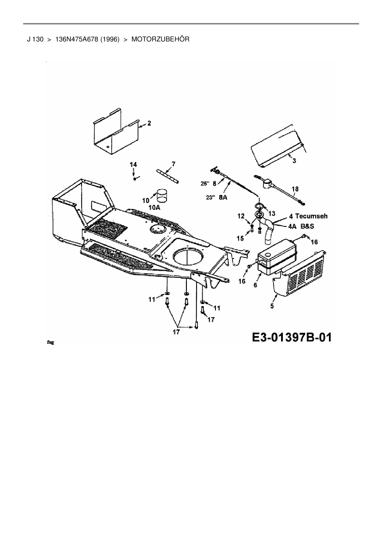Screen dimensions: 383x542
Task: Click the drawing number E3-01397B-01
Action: pos(292,337)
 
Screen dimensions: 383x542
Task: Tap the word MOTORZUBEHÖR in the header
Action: pos(160,39)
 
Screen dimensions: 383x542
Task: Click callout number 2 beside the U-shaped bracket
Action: pos(149,123)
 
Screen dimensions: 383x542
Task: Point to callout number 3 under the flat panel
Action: pos(294,161)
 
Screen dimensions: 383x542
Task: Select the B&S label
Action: pos(307,226)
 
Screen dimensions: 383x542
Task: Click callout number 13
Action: pos(272,213)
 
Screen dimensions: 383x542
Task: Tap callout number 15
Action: pos(240,238)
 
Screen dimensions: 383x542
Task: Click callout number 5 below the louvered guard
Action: pos(272,306)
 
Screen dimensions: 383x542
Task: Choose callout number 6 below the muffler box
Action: pos(255,285)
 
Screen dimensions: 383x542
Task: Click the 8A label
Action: pos(223,197)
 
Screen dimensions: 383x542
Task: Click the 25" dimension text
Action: pos(205,183)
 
